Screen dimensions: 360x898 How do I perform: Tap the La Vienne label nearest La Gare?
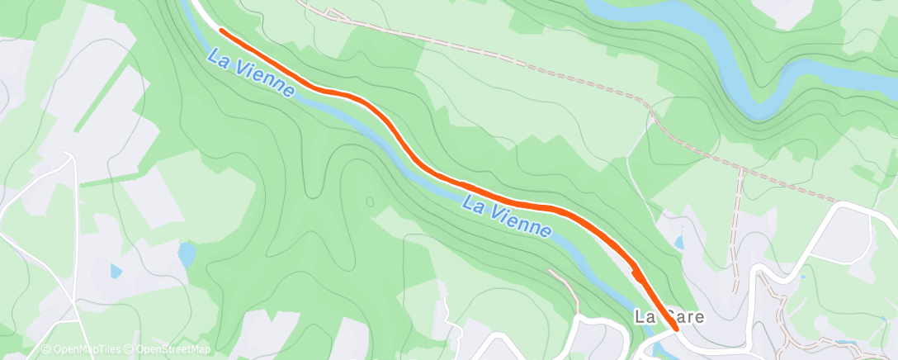pyautogui.click(x=506, y=216)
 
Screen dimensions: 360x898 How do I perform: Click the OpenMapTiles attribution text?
pyautogui.click(x=86, y=349)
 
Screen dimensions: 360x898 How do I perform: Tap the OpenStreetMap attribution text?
pyautogui.click(x=173, y=349)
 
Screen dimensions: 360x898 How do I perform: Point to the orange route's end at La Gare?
pyautogui.click(x=676, y=328)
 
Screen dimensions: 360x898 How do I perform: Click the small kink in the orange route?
pyautogui.click(x=634, y=272)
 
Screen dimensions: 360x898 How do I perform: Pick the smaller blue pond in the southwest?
pyautogui.click(x=116, y=270)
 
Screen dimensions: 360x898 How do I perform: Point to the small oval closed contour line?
pyautogui.click(x=369, y=201)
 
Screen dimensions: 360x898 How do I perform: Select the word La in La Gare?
pyautogui.click(x=644, y=316)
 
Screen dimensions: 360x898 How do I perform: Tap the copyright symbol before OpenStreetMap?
pyautogui.click(x=130, y=349)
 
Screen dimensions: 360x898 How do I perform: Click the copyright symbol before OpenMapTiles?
pyautogui.click(x=45, y=349)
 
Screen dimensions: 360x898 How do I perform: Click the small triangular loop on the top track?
pyautogui.click(x=333, y=13)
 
